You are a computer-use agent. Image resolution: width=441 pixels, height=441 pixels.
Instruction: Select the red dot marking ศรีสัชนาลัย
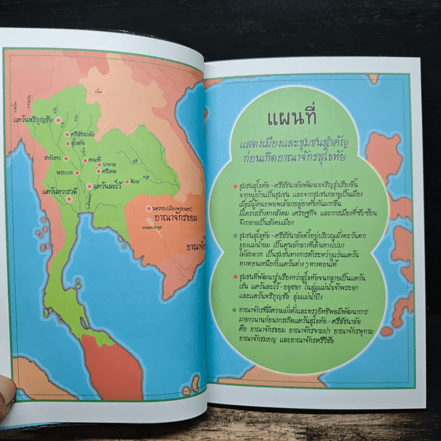(x=67, y=134)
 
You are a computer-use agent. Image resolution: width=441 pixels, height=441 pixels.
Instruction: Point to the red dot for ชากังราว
(x=66, y=158)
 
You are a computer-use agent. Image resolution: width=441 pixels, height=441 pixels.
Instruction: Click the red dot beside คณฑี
(x=86, y=161)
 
